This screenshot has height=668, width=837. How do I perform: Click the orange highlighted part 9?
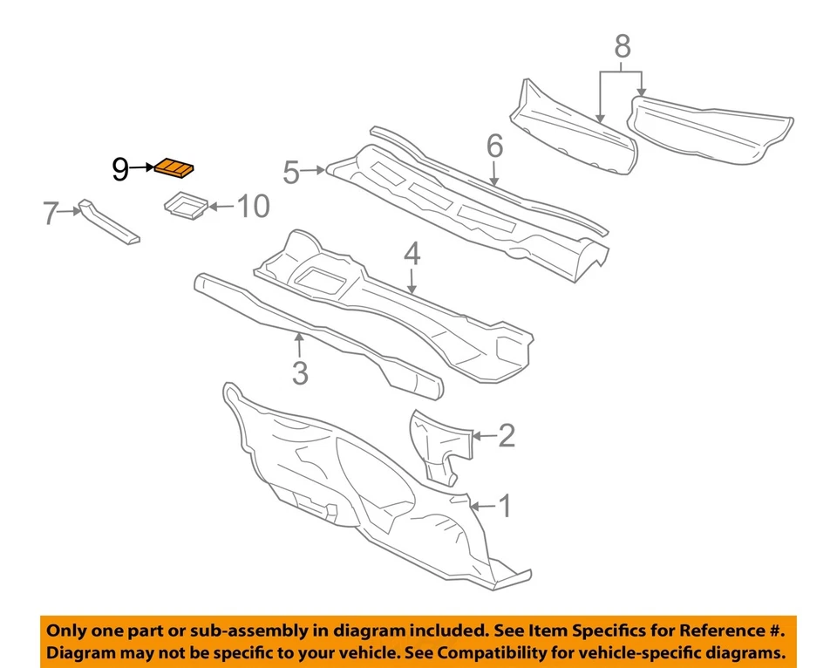174,167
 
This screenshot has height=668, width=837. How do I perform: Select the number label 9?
120,169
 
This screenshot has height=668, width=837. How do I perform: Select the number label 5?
291,173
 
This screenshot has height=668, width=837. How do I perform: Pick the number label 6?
494,147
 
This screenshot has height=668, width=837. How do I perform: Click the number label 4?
412,255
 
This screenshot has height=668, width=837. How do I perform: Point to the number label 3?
300,372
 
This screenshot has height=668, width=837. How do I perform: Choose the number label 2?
507,435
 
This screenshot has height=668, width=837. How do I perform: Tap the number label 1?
503,506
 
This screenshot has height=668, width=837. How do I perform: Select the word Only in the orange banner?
68,630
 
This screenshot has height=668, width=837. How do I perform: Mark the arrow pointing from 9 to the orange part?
141,167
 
